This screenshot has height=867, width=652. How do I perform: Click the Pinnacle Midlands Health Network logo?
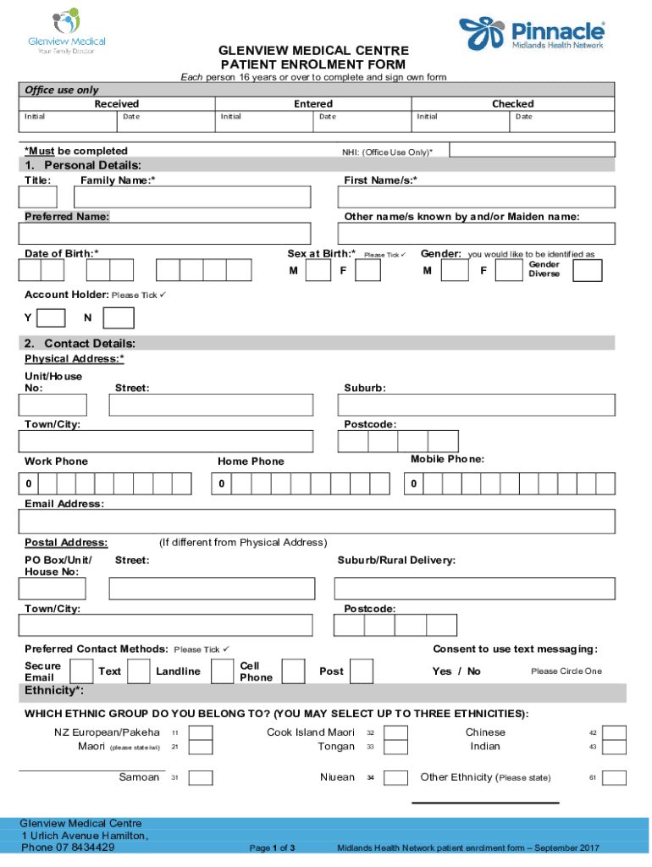[x=533, y=35]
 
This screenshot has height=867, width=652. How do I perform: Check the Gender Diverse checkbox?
[x=587, y=270]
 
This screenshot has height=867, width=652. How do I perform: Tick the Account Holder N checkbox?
[x=118, y=318]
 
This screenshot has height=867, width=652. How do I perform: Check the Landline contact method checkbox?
[x=222, y=671]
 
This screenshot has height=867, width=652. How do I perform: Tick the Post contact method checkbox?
[x=362, y=671]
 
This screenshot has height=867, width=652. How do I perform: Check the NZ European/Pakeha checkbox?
[x=201, y=733]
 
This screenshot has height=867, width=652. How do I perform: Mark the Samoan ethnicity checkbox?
[x=201, y=778]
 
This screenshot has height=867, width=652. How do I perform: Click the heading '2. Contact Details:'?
[x=81, y=343]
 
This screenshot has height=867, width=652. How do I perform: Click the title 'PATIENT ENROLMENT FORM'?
[x=312, y=64]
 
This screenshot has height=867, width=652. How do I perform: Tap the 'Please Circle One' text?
[x=566, y=671]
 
